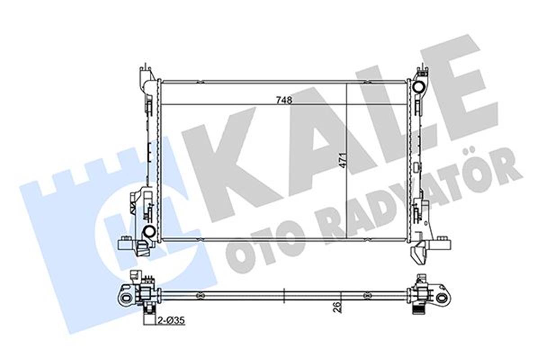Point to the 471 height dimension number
click(343, 159)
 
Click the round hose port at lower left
click(148, 232)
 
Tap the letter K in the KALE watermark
click(225, 162)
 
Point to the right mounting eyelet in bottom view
click(442, 297)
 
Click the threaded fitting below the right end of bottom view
click(418, 310)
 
